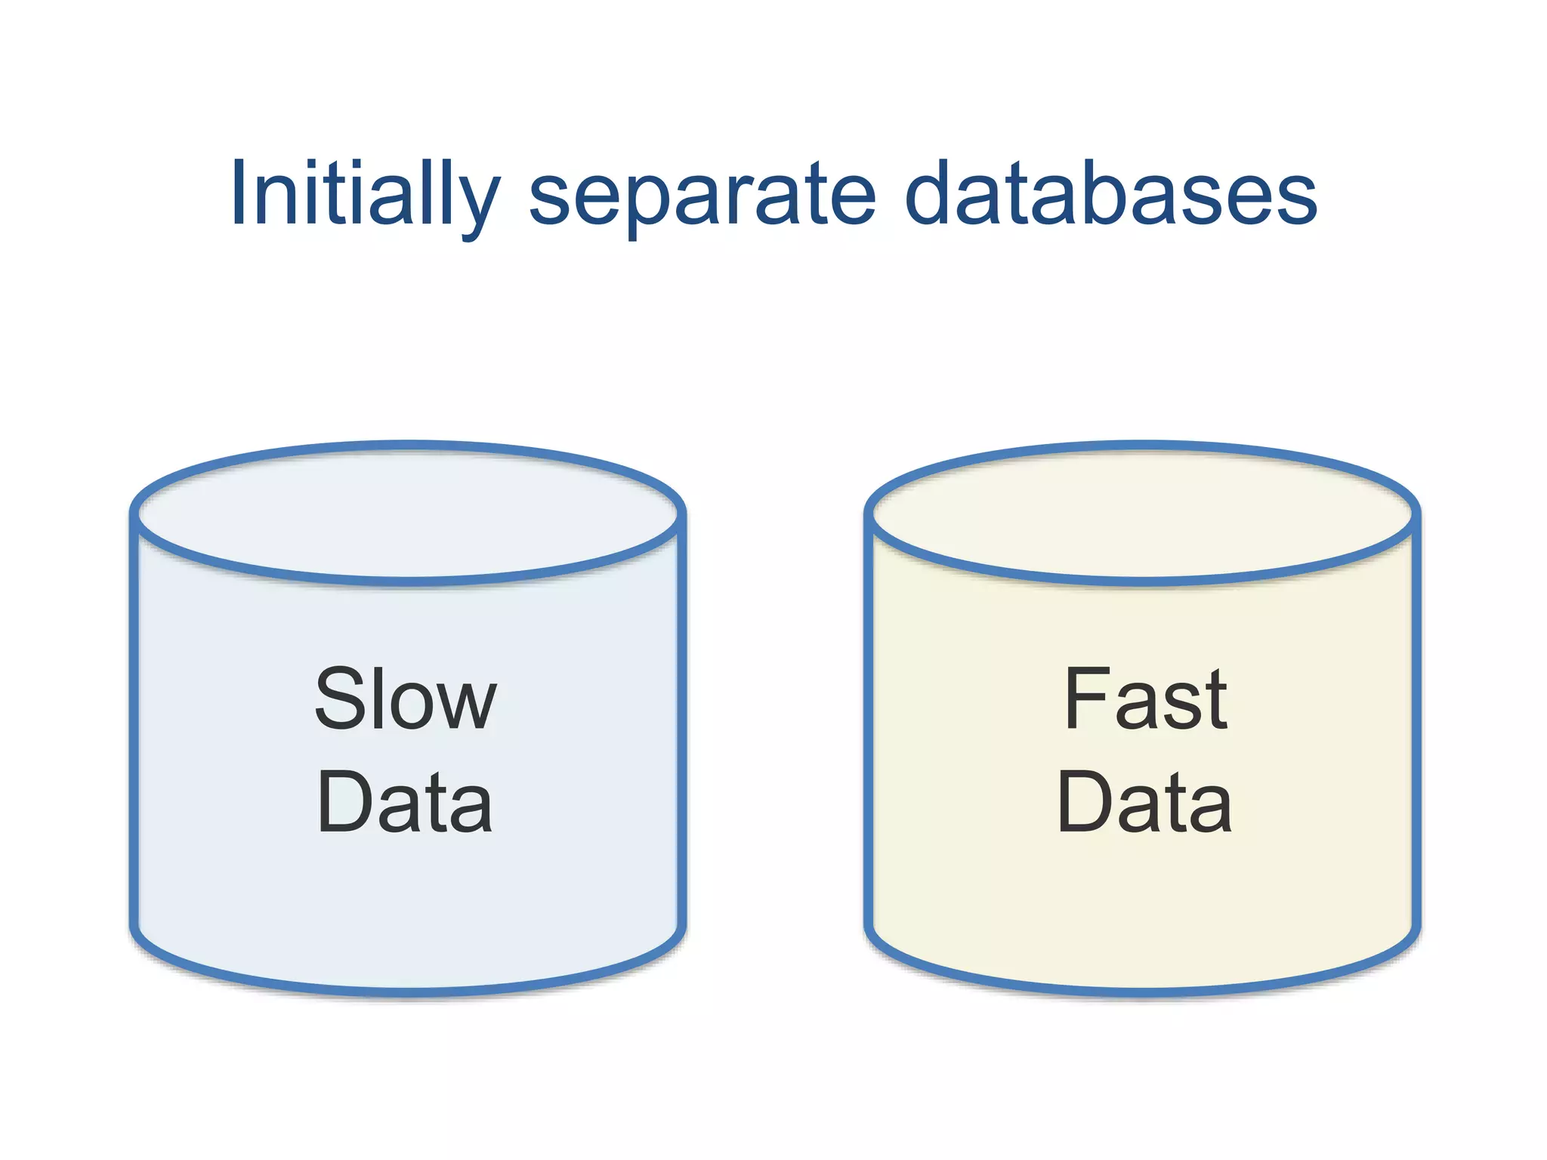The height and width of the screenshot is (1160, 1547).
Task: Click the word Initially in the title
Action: [x=365, y=194]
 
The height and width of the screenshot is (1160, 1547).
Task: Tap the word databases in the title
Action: [x=1110, y=194]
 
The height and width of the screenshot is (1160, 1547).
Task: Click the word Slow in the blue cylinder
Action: [x=406, y=699]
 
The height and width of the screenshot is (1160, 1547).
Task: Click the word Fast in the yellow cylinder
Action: [x=1145, y=699]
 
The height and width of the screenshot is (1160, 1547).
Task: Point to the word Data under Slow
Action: [x=406, y=802]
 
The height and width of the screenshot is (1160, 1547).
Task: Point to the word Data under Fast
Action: [x=1145, y=802]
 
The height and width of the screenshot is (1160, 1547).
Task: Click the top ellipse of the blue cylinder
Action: [x=408, y=514]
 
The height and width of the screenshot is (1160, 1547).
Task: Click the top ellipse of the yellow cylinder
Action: [x=1143, y=514]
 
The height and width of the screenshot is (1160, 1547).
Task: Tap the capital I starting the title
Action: [x=239, y=193]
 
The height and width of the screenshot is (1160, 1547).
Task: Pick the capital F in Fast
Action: [x=1086, y=699]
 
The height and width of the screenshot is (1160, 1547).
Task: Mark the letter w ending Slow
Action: [x=469, y=706]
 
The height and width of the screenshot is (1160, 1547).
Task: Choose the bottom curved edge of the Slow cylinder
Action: [x=408, y=991]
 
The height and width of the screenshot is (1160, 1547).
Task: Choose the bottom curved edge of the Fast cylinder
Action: [x=1143, y=991]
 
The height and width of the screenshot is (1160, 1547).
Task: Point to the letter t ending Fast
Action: [x=1215, y=702]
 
